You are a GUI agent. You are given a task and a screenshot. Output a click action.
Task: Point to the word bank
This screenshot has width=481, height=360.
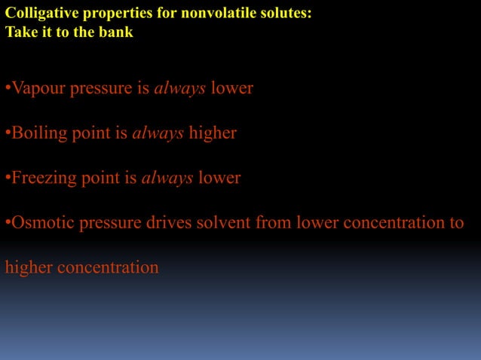click(x=116, y=32)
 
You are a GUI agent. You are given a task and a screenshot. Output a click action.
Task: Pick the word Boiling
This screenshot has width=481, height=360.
click(x=36, y=133)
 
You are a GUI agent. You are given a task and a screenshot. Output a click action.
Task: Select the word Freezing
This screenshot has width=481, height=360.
click(x=41, y=178)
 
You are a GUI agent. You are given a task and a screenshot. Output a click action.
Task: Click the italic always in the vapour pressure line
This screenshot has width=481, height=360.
click(x=179, y=89)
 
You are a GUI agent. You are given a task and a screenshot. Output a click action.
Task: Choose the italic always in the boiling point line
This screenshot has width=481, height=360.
click(x=158, y=133)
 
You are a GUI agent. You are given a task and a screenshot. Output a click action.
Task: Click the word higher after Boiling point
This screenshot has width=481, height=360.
click(x=213, y=133)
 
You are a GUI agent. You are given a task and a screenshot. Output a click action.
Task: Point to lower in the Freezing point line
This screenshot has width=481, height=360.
click(x=219, y=178)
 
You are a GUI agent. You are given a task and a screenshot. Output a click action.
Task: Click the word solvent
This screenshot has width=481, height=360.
click(x=231, y=223)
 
